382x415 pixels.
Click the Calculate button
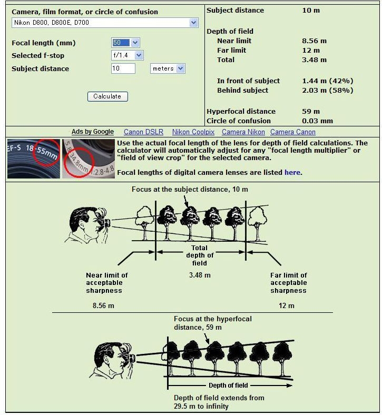click(x=107, y=96)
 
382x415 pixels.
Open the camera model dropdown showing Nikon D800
click(x=105, y=23)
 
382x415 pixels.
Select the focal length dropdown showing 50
click(x=125, y=43)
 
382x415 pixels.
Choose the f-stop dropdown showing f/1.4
click(x=128, y=55)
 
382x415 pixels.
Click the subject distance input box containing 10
click(x=123, y=68)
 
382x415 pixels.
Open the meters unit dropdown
click(x=168, y=68)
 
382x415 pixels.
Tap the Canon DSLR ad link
click(x=143, y=132)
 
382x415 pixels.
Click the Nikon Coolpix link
click(x=193, y=132)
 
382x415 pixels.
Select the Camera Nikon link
click(x=243, y=132)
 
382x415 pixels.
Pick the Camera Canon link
click(x=293, y=132)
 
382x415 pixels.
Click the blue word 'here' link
click(x=292, y=173)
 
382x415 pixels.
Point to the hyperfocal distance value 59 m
click(x=311, y=112)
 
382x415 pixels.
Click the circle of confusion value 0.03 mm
click(x=317, y=121)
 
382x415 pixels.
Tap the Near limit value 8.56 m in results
click(x=314, y=41)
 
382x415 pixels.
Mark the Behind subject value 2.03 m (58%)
click(x=328, y=90)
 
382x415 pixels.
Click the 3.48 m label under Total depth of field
click(x=200, y=275)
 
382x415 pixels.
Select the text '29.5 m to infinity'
click(x=201, y=406)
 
